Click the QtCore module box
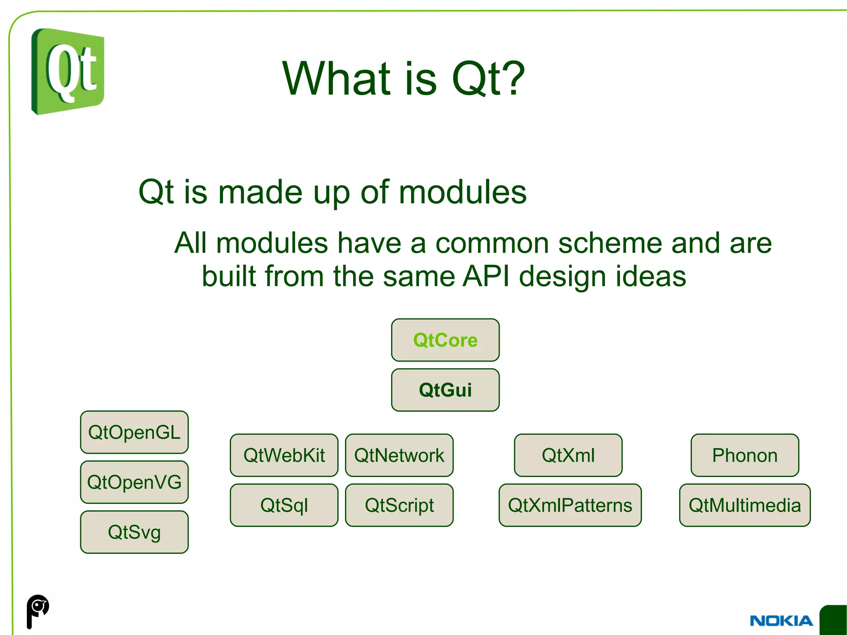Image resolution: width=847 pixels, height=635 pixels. [x=445, y=340]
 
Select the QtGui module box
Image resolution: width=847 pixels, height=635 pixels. [x=445, y=390]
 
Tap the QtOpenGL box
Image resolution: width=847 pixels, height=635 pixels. [x=134, y=432]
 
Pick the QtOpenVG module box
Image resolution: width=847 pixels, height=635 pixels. [x=134, y=482]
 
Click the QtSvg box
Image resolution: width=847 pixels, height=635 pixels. [x=134, y=532]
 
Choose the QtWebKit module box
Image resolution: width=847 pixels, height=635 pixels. [x=284, y=455]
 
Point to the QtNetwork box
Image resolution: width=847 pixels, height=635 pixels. [x=399, y=455]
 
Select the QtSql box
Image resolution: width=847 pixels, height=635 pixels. [x=284, y=505]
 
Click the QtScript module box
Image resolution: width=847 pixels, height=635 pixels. [x=399, y=505]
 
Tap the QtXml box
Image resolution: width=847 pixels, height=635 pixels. [x=568, y=455]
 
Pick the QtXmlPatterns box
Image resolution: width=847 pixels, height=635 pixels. [x=570, y=505]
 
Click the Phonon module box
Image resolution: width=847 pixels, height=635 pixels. [x=744, y=455]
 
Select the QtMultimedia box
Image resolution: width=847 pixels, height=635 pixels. [x=744, y=505]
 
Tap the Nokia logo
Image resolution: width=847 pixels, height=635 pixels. [x=781, y=621]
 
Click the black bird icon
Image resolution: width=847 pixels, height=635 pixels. [x=37, y=611]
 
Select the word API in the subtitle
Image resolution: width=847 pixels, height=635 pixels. [x=486, y=276]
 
